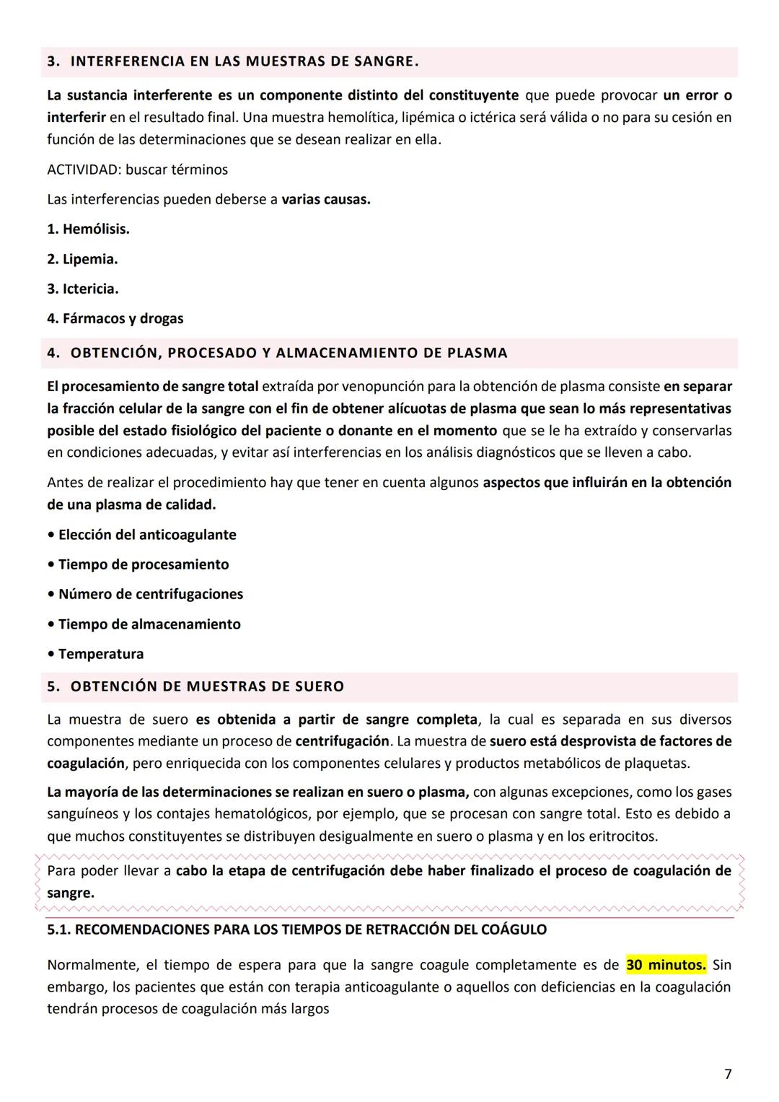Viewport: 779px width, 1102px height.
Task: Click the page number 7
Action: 727,1074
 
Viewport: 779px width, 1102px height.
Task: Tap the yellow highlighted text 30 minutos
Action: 666,965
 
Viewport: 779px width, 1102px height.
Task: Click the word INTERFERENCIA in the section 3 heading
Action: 127,61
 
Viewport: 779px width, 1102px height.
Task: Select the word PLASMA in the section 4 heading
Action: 477,353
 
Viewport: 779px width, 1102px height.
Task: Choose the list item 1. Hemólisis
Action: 88,229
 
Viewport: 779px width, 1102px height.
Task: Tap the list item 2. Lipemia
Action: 82,259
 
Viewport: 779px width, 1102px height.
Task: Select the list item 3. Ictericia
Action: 83,289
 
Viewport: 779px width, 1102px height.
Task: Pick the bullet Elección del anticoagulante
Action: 147,535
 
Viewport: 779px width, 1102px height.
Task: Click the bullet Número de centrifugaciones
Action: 150,594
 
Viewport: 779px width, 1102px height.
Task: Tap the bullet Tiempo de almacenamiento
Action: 149,624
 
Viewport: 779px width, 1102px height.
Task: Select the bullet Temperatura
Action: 100,654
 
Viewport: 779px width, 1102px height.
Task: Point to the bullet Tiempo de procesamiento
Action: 143,564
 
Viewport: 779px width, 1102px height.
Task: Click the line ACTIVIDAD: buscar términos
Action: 137,170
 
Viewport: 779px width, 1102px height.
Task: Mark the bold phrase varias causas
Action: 325,199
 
